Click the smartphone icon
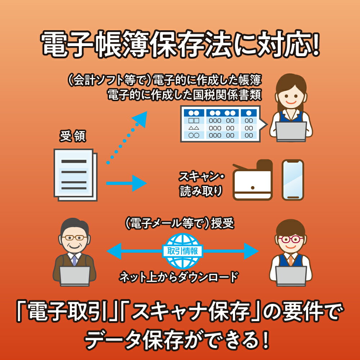[x=293, y=180]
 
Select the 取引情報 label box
[x=183, y=251]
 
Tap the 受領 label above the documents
[x=73, y=138]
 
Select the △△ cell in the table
[x=194, y=128]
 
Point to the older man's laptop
[x=75, y=275]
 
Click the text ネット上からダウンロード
[x=179, y=277]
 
